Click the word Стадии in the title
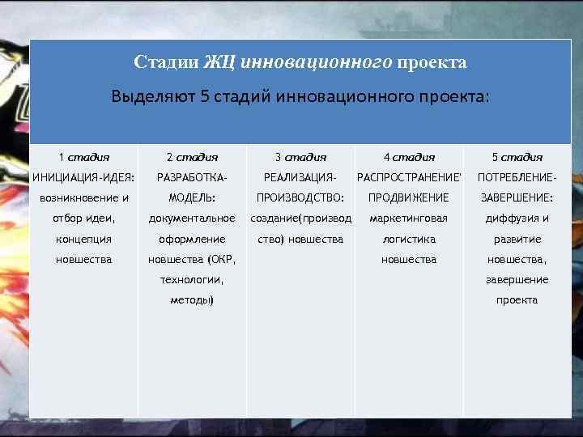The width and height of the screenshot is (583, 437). click(x=164, y=62)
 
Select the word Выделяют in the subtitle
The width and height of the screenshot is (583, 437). click(x=153, y=98)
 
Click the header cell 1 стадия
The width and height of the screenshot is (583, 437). click(x=84, y=157)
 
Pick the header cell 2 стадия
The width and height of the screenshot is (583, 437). click(x=192, y=157)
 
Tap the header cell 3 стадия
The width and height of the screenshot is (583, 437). click(x=300, y=157)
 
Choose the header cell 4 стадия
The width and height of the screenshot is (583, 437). click(x=409, y=157)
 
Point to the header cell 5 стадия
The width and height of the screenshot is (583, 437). click(x=517, y=157)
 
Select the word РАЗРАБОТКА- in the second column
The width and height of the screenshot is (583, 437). click(x=192, y=177)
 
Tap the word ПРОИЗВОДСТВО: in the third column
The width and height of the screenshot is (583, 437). click(x=300, y=197)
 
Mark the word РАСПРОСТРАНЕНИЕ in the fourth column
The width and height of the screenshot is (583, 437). click(x=408, y=177)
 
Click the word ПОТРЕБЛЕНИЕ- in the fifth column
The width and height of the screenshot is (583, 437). click(x=517, y=177)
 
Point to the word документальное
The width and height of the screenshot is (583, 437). click(x=192, y=218)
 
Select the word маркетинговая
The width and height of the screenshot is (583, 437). click(x=409, y=218)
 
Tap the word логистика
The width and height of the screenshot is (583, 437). click(x=409, y=239)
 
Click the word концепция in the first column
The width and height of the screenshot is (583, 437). click(x=84, y=239)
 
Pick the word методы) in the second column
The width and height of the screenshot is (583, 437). click(x=192, y=299)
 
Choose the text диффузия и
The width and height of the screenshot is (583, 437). click(x=517, y=218)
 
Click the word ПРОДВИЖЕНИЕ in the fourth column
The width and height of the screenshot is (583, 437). click(x=409, y=197)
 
